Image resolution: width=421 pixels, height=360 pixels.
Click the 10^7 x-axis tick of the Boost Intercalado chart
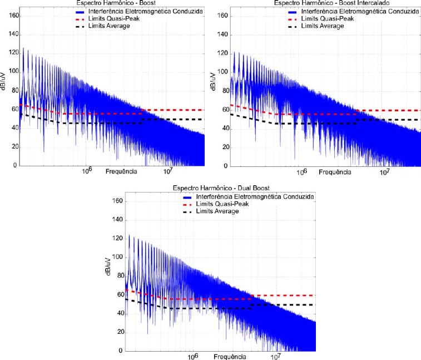[384, 171]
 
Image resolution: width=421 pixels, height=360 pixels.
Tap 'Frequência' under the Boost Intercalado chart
[335, 172]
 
